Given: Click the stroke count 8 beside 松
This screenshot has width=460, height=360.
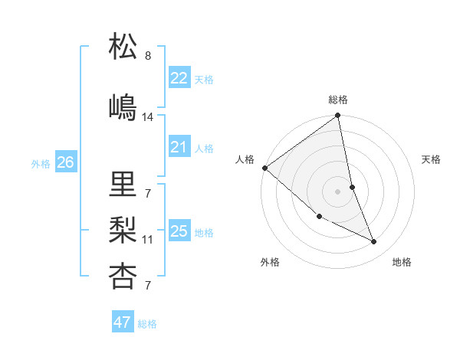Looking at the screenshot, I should [148, 56].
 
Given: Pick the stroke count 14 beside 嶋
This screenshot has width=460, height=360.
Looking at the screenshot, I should [148, 117].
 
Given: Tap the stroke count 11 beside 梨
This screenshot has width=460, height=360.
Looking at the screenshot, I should [148, 240].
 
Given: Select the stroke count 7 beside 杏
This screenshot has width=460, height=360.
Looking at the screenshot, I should [148, 286].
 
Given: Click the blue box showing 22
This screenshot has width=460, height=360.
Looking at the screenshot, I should [179, 78].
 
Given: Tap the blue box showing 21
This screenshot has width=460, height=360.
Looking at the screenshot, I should [179, 147].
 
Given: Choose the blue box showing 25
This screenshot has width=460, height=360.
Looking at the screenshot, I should [179, 231].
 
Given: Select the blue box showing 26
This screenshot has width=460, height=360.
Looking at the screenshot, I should [66, 162].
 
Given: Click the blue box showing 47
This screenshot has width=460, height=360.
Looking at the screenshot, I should [123, 322].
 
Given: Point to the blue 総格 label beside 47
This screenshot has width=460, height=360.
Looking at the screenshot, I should [148, 324].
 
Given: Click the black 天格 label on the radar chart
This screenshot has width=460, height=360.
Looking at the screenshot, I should [432, 159].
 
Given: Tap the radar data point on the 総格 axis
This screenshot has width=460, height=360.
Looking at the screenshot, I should [338, 116].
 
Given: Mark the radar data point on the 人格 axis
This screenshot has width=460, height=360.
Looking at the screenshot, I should [264, 168].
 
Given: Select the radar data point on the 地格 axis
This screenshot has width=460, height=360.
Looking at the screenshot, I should [374, 242].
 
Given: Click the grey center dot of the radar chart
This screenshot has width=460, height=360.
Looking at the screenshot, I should [338, 191].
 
